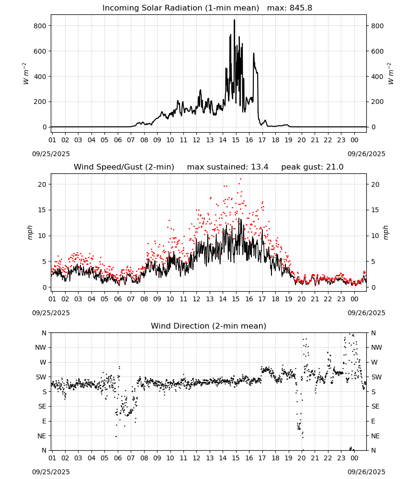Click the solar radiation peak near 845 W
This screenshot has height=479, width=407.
click(235, 20)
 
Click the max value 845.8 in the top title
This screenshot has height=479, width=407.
click(301, 8)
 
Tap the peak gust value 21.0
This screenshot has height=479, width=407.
click(335, 167)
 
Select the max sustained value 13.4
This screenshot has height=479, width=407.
click(260, 167)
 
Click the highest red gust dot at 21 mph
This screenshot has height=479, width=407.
click(240, 179)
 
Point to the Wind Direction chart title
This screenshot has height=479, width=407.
click(209, 326)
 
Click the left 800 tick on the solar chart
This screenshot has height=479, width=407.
click(40, 26)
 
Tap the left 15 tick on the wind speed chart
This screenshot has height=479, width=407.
click(42, 210)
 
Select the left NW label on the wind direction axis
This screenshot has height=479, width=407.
click(41, 347)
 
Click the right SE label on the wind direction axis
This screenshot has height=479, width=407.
click(375, 406)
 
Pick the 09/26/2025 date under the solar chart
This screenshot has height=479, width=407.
click(366, 154)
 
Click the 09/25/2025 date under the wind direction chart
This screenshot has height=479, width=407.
click(51, 472)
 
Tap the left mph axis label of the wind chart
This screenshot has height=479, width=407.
click(30, 232)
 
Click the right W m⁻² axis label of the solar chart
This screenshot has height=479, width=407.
click(391, 74)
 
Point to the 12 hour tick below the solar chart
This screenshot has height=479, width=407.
click(196, 140)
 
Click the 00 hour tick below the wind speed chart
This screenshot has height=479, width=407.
click(354, 299)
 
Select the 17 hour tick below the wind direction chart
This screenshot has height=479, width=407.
click(262, 458)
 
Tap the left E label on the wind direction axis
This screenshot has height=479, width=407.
click(44, 421)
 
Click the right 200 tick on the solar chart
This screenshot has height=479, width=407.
click(377, 102)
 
